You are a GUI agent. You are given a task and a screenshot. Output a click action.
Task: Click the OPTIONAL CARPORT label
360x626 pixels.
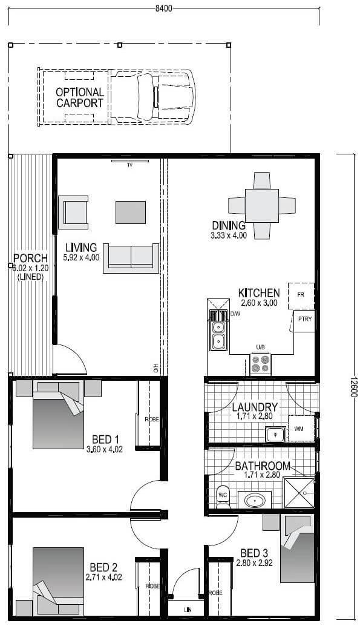click(x=80, y=97)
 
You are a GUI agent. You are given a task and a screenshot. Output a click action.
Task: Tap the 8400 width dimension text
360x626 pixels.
click(x=163, y=8)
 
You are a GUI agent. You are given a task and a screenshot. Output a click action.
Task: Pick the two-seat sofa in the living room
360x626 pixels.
click(x=131, y=257)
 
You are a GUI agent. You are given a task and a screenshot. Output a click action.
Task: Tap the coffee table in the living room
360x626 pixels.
click(x=131, y=212)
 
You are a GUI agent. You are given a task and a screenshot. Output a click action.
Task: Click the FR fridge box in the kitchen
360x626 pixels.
click(x=301, y=295)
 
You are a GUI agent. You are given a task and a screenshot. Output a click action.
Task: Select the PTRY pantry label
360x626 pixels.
click(x=304, y=320)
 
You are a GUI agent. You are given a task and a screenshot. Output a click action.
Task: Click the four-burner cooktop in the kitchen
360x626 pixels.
click(x=261, y=363)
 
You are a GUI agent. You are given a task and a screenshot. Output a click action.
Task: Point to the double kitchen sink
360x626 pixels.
click(x=217, y=335)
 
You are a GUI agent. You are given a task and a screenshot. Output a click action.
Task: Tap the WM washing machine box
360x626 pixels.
click(x=299, y=429)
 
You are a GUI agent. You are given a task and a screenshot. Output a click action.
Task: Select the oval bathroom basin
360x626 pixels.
click(x=254, y=501)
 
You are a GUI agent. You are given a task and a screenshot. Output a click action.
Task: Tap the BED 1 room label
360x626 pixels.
click(x=105, y=440)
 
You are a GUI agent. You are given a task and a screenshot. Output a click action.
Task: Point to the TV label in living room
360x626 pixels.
click(x=129, y=165)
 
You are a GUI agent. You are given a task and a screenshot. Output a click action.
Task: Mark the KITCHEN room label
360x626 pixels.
click(x=258, y=292)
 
